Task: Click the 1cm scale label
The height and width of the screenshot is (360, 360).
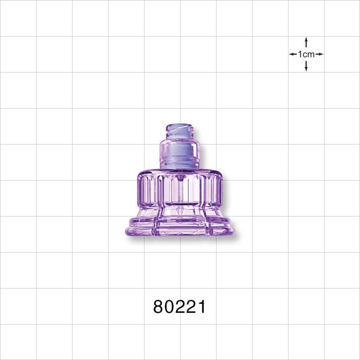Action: [x=306, y=55]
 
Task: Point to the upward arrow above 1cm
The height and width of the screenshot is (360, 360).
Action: [x=306, y=42]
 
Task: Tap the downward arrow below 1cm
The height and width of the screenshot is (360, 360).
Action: [x=306, y=66]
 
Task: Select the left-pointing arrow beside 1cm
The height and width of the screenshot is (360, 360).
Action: [x=293, y=55]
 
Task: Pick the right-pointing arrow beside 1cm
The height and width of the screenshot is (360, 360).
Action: [x=319, y=55]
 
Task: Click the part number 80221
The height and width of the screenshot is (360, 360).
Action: [x=179, y=307]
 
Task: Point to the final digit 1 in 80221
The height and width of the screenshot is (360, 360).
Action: [x=201, y=307]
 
